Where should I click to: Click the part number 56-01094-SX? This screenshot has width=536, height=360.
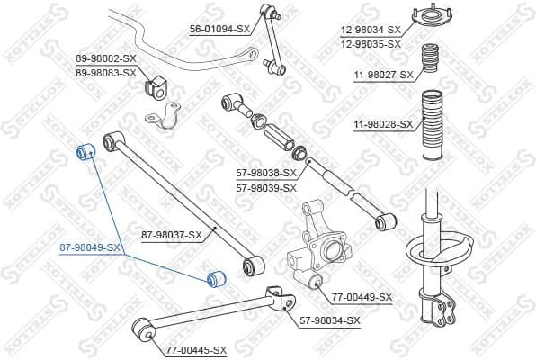pyautogui.click(x=219, y=29)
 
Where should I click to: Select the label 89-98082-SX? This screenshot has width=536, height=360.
pyautogui.click(x=105, y=59)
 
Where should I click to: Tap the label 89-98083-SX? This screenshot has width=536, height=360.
pyautogui.click(x=105, y=72)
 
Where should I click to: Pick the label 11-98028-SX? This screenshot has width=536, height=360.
pyautogui.click(x=382, y=123)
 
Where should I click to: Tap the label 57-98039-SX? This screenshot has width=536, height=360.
pyautogui.click(x=266, y=188)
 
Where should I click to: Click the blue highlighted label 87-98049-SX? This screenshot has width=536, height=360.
pyautogui.click(x=90, y=247)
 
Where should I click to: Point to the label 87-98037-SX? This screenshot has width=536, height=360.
pyautogui.click(x=172, y=236)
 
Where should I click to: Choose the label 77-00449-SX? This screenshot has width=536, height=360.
pyautogui.click(x=362, y=296)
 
